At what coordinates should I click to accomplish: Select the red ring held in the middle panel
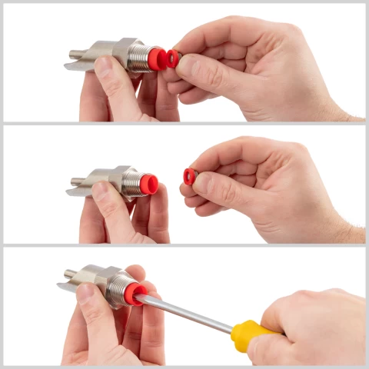pos(189,177)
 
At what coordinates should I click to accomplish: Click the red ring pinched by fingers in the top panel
pos(174,58)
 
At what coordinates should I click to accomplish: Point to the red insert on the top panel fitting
pos(158,58)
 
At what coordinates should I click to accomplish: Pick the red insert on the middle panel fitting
pos(150,184)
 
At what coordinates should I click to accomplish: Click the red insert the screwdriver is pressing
pos(138,293)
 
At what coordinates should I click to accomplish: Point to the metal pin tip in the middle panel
pos(75,181)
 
